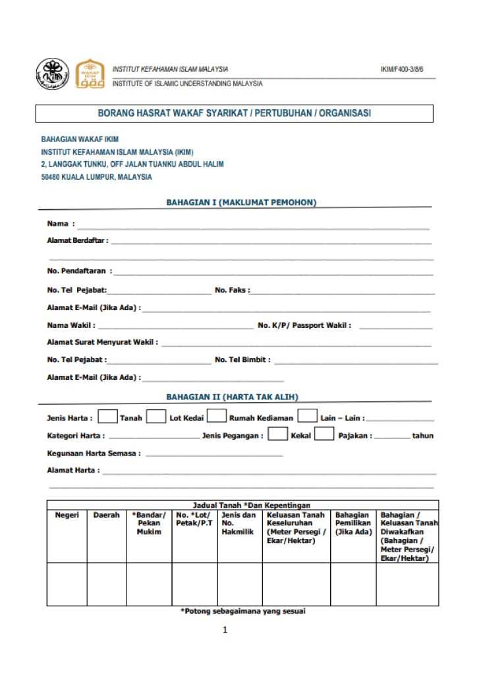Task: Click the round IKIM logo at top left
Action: click(52, 74)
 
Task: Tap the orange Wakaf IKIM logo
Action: click(90, 74)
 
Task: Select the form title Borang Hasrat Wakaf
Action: click(234, 113)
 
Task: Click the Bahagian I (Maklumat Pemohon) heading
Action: click(241, 203)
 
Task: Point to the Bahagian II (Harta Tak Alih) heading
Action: click(232, 397)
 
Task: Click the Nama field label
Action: click(60, 224)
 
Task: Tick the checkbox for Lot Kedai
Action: click(156, 417)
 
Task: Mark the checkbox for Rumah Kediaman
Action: click(216, 417)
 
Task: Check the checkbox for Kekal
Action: click(278, 434)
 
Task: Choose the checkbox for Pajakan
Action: click(324, 434)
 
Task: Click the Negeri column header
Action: click(67, 515)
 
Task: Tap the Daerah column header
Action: click(106, 515)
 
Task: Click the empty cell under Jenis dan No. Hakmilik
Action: click(240, 584)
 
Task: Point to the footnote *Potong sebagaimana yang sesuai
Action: click(242, 611)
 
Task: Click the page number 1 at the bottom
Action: click(225, 631)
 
